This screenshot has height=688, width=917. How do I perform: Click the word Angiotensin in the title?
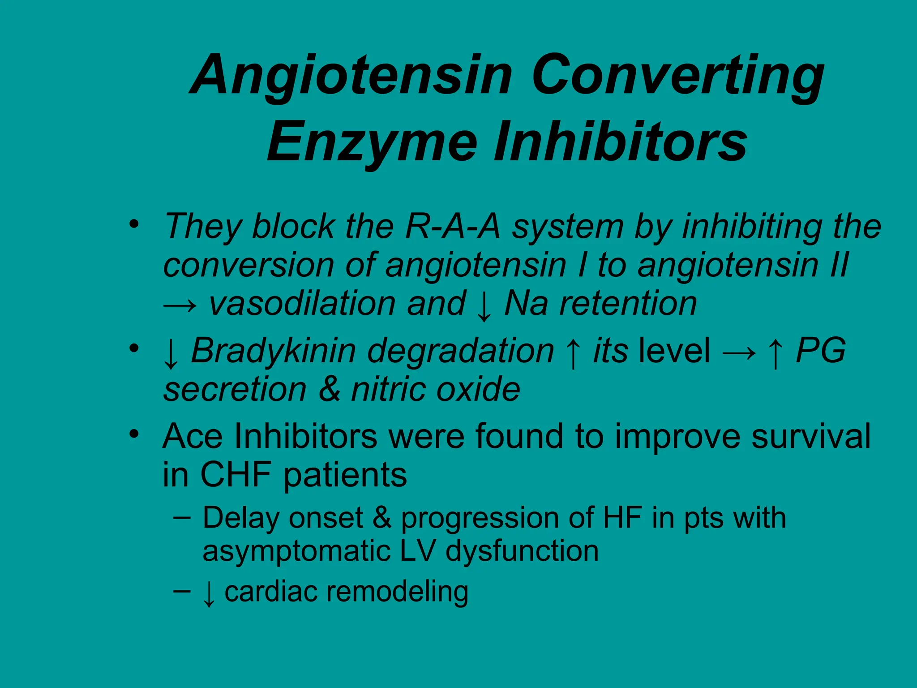click(x=351, y=76)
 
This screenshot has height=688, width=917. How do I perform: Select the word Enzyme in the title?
click(x=372, y=142)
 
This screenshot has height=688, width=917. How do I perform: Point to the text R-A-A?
click(x=452, y=227)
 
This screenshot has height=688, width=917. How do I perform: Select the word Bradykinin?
click(x=273, y=351)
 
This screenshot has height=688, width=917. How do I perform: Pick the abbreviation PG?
click(x=821, y=350)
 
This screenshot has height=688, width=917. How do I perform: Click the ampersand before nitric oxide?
click(x=329, y=389)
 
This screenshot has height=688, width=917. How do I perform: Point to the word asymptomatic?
click(x=296, y=552)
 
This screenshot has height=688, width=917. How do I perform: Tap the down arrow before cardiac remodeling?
click(x=209, y=594)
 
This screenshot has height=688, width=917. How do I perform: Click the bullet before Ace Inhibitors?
click(x=133, y=434)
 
